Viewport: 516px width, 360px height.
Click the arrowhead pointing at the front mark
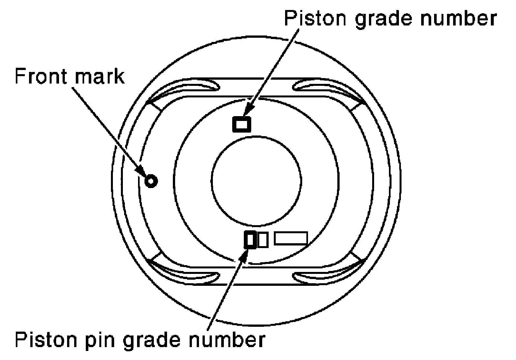pos(140,171)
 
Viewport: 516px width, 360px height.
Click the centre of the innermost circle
pos(256,181)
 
